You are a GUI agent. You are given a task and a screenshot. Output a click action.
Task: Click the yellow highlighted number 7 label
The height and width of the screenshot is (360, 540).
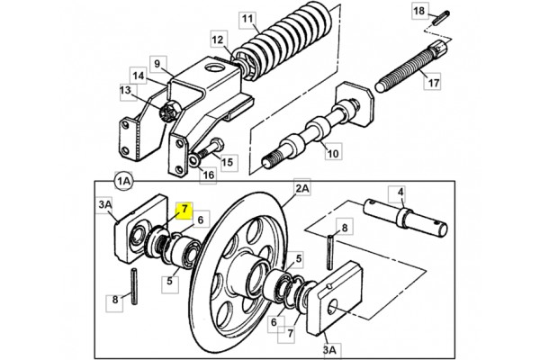[184, 210]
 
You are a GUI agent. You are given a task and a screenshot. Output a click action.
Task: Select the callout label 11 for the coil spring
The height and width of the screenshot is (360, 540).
[247, 19]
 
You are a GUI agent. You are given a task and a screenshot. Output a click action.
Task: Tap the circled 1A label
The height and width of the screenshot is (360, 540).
[123, 181]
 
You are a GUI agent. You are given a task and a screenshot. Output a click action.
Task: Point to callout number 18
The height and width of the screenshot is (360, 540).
[419, 12]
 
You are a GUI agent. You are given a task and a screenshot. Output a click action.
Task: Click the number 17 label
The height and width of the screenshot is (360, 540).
[433, 82]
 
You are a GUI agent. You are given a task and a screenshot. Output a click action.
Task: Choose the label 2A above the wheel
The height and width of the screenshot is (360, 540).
[302, 188]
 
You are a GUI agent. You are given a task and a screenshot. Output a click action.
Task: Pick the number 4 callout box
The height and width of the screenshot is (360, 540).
[400, 193]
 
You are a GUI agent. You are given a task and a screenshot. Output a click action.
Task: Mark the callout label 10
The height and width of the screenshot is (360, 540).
[333, 153]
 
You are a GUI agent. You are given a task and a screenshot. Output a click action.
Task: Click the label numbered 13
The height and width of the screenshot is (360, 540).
[126, 91]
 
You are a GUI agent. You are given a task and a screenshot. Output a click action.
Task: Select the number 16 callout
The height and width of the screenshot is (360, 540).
[209, 175]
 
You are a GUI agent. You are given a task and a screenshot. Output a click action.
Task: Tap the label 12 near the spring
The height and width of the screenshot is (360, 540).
[217, 40]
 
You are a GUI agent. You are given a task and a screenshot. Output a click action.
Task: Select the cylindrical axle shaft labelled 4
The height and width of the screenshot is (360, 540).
[407, 218]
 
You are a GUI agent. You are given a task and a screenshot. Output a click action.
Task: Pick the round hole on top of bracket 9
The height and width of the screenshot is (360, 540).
[214, 67]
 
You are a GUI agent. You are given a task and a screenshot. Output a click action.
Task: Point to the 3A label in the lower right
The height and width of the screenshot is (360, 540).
[329, 349]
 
